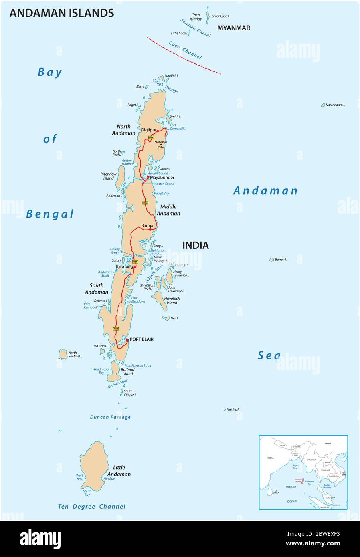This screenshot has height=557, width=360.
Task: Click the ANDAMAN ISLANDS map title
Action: pos(61,13)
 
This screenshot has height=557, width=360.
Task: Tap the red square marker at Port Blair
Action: pos(127,340)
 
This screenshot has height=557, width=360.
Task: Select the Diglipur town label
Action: pos(148,130)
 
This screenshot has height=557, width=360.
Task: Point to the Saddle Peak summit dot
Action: pos(161,145)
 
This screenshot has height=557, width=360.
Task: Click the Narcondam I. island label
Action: pos(335,105)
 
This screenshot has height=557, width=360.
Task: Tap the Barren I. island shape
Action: pos(271,260)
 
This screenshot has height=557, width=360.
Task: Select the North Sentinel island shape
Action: pos(63,354)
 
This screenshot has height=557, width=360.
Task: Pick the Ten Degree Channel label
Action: pos(92,507)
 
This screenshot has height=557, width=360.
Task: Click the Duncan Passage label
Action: pos(110,417)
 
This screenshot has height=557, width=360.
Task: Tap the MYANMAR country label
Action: pos(234,28)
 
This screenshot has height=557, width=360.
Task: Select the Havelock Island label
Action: pos(172,301)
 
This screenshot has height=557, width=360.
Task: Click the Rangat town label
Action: pos(148,226)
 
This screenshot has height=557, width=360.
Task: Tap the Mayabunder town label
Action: pos(162,177)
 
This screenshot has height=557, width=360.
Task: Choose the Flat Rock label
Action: pos(233,410)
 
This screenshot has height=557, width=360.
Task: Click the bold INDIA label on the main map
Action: pos(196,245)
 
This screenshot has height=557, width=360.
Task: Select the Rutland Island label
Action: pos(127,372)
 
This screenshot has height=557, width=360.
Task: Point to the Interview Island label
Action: pos(108,176)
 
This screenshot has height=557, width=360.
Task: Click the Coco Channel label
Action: pos(185,50)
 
